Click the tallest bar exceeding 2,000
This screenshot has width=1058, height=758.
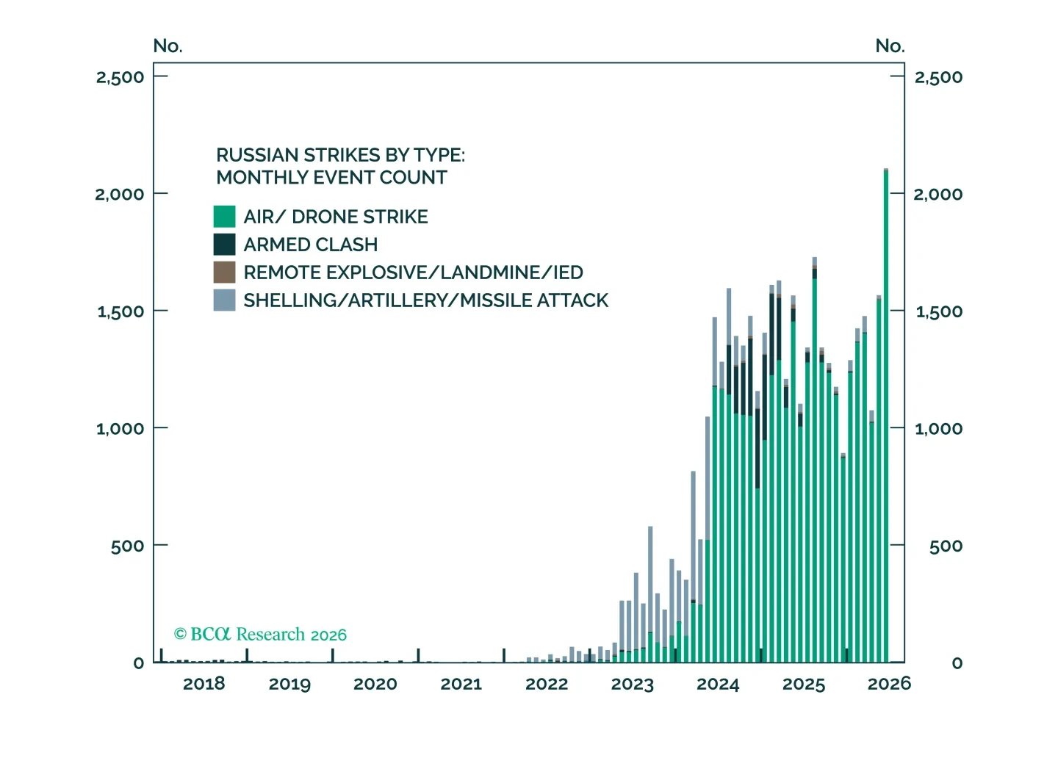tap(885, 415)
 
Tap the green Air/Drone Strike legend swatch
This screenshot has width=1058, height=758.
tap(224, 217)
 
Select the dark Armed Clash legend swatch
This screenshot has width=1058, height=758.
tap(224, 245)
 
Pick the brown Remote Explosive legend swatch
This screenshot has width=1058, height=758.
tap(224, 272)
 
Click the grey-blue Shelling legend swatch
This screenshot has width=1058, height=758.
tap(224, 300)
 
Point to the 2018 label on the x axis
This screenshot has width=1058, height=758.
tap(204, 684)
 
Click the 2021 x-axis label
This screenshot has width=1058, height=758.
tap(461, 684)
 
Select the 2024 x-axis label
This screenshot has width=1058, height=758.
tap(718, 684)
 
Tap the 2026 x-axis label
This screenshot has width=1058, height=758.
tap(889, 684)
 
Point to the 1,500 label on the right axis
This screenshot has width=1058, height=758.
tap(939, 311)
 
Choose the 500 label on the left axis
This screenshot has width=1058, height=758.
tap(128, 546)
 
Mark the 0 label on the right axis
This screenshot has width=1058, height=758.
tap(957, 663)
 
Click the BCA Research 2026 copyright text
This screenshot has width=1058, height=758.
tap(260, 635)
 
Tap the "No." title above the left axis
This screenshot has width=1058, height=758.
tap(168, 46)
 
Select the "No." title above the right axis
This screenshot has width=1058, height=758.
tap(890, 46)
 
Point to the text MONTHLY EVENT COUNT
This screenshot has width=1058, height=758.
tap(331, 178)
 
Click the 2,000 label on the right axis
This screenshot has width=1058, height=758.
tap(938, 194)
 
